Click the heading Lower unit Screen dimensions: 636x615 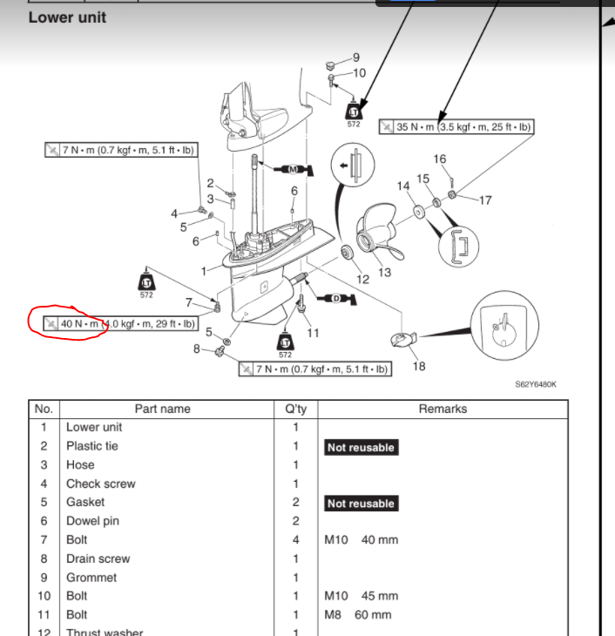click(x=67, y=17)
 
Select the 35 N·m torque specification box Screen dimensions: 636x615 click(x=456, y=127)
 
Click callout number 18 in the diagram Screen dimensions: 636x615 click(x=419, y=366)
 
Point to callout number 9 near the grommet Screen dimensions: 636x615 click(x=355, y=58)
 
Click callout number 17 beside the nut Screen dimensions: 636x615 click(x=485, y=200)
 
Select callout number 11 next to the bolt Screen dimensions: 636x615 click(x=314, y=333)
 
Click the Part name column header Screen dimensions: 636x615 click(x=162, y=409)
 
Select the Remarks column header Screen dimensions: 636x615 click(x=443, y=409)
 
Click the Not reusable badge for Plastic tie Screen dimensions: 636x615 click(x=361, y=447)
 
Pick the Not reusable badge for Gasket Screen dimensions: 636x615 click(x=361, y=504)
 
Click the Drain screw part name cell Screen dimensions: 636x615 click(x=98, y=558)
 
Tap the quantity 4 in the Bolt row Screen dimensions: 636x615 click(x=295, y=540)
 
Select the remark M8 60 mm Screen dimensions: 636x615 click(x=358, y=615)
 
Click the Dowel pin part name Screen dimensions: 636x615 click(x=92, y=521)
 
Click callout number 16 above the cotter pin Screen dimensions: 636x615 click(x=440, y=159)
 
